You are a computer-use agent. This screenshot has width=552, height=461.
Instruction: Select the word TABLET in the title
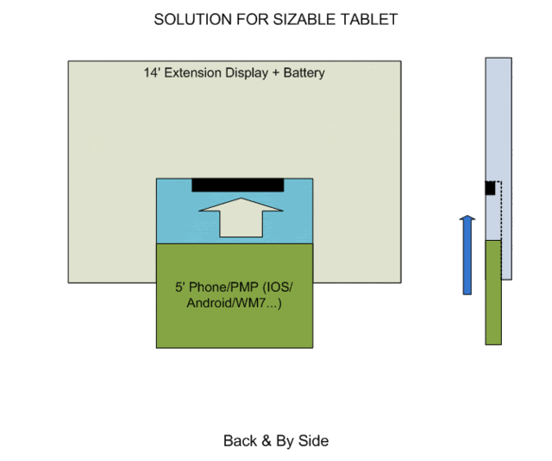point(371,19)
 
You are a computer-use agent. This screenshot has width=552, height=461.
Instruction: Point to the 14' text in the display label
point(152,73)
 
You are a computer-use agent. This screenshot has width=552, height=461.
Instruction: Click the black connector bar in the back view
point(237,185)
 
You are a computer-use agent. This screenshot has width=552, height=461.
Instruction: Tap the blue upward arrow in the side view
point(467,255)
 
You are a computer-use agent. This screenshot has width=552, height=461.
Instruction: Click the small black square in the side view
point(490,187)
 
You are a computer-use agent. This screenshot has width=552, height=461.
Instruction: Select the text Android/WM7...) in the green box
point(235,304)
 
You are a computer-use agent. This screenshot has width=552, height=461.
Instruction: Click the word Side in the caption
point(315,441)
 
